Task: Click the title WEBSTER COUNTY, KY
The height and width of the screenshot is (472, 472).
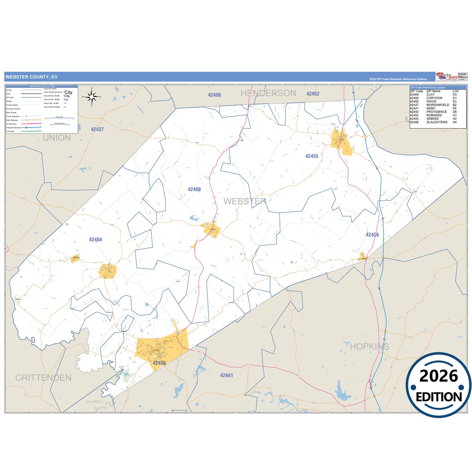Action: [x=31, y=77]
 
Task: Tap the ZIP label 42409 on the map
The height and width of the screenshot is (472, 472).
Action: [x=194, y=189]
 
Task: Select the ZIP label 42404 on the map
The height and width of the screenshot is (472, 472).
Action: [x=95, y=240]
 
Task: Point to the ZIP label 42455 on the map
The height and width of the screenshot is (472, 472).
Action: [x=312, y=156]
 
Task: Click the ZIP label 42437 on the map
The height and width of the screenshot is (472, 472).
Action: [x=97, y=129]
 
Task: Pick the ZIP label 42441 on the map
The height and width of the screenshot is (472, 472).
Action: [x=226, y=376]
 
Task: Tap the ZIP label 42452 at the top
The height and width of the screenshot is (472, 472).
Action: [x=313, y=94]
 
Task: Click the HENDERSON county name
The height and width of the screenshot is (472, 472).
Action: [x=268, y=93]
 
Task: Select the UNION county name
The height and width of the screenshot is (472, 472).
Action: [x=57, y=138]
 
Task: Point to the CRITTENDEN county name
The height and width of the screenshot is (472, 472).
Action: [x=43, y=378]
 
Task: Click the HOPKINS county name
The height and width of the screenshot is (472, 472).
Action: [x=369, y=347]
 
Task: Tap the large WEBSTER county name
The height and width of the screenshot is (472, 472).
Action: [x=245, y=202]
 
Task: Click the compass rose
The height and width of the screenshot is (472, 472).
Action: [x=91, y=97]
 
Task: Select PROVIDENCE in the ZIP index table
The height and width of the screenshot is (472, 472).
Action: [x=436, y=112]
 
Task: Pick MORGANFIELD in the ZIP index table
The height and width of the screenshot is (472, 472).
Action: [x=438, y=105]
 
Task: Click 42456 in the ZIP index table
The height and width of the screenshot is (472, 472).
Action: [x=414, y=122]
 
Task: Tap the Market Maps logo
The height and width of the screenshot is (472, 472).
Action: [x=447, y=77]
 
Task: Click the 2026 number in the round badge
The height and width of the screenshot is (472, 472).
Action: [x=438, y=376]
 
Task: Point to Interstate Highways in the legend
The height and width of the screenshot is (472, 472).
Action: [x=13, y=128]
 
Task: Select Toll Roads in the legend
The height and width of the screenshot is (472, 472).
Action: [x=10, y=131]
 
